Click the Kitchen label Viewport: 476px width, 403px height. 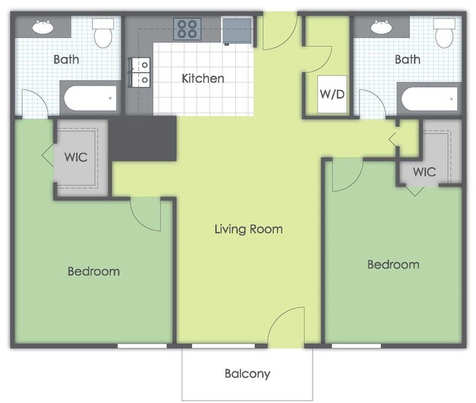pyautogui.click(x=203, y=78)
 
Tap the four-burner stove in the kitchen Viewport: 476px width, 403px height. pyautogui.click(x=187, y=29)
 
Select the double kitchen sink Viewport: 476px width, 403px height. pyautogui.click(x=140, y=72)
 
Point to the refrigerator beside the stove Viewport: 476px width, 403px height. pyautogui.click(x=237, y=31)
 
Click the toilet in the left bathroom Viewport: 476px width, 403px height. pyautogui.click(x=103, y=33)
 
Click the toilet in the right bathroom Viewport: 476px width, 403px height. pyautogui.click(x=445, y=33)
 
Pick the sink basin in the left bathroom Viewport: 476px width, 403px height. pyautogui.click(x=42, y=26)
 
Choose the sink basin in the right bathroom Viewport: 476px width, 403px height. pyautogui.click(x=382, y=26)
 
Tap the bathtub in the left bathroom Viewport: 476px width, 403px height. pyautogui.click(x=90, y=98)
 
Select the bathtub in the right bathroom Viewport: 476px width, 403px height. pyautogui.click(x=430, y=99)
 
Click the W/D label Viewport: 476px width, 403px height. pyautogui.click(x=332, y=94)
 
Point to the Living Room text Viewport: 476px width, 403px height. pyautogui.click(x=249, y=229)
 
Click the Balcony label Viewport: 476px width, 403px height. pyautogui.click(x=248, y=374)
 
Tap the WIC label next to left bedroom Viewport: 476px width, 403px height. pyautogui.click(x=76, y=157)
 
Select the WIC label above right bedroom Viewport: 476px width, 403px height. pyautogui.click(x=425, y=172)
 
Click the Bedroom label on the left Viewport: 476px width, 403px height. pyautogui.click(x=94, y=271)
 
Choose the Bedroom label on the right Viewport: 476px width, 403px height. pyautogui.click(x=393, y=265)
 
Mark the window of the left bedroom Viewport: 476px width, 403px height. pyautogui.click(x=142, y=346)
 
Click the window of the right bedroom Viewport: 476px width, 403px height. pyautogui.click(x=356, y=346)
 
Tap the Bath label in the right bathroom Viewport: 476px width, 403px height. pyautogui.click(x=407, y=59)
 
